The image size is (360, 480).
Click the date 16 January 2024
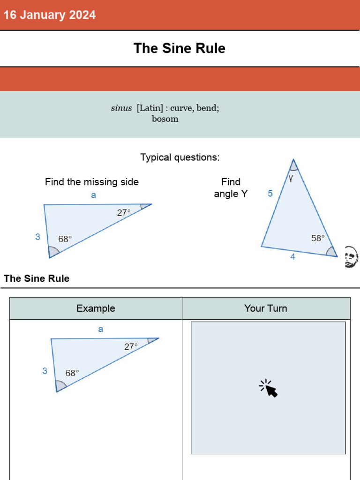(x=50, y=15)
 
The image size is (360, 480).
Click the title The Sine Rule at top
(x=180, y=48)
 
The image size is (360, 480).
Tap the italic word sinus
(x=121, y=108)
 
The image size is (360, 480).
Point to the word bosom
(x=165, y=119)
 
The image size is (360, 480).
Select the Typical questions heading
(x=180, y=157)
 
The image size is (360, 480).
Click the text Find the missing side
(x=92, y=182)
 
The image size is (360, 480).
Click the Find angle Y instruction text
(x=231, y=187)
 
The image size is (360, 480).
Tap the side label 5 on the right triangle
(x=270, y=193)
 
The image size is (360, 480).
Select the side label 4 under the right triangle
(x=293, y=257)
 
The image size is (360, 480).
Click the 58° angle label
(x=318, y=238)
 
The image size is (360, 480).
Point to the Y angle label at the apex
(x=291, y=178)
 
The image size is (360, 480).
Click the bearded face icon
(x=351, y=257)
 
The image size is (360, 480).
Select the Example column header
(x=96, y=308)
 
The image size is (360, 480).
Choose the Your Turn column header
(x=266, y=308)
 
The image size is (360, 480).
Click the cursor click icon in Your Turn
(x=268, y=388)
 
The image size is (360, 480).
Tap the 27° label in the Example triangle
(x=131, y=347)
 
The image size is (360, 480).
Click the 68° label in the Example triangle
(x=72, y=373)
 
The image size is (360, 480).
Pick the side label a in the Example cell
(x=101, y=330)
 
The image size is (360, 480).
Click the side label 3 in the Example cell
(x=45, y=371)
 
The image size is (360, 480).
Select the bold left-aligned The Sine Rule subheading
(x=37, y=278)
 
